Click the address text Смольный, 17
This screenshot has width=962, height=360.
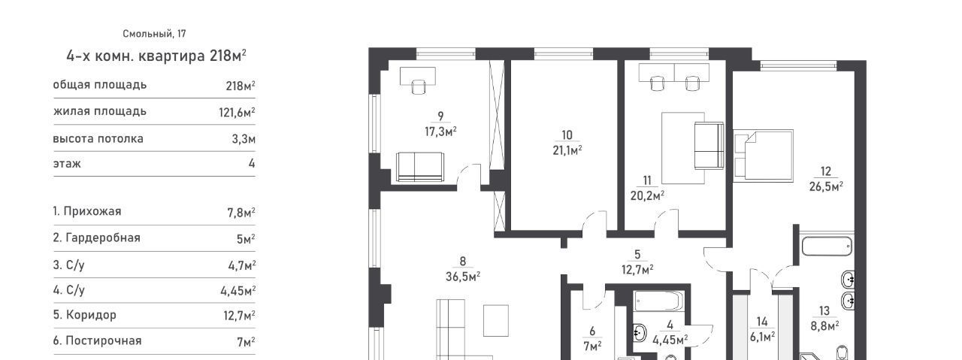tap(154, 34)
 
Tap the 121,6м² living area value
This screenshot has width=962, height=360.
tap(237, 113)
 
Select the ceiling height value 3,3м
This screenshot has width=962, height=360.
tap(244, 139)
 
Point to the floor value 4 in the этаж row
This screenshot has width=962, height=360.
tap(252, 164)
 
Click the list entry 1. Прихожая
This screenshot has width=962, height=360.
tap(87, 211)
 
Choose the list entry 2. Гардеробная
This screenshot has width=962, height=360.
tap(97, 238)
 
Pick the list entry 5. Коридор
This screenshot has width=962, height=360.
tap(85, 315)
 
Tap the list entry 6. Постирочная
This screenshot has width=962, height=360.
tap(97, 340)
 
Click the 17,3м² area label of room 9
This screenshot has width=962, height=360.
tap(440, 132)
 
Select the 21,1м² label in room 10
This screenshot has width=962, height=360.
tap(567, 150)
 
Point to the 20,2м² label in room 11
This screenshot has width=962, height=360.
tap(648, 196)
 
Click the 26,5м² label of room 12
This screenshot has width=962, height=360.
tap(826, 187)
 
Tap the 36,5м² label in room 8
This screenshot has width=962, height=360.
tap(463, 277)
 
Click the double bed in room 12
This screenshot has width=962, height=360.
tap(763, 154)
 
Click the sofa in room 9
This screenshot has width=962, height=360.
tap(420, 167)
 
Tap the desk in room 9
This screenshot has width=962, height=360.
tap(417, 76)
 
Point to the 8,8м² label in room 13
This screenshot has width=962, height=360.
tap(824, 326)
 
